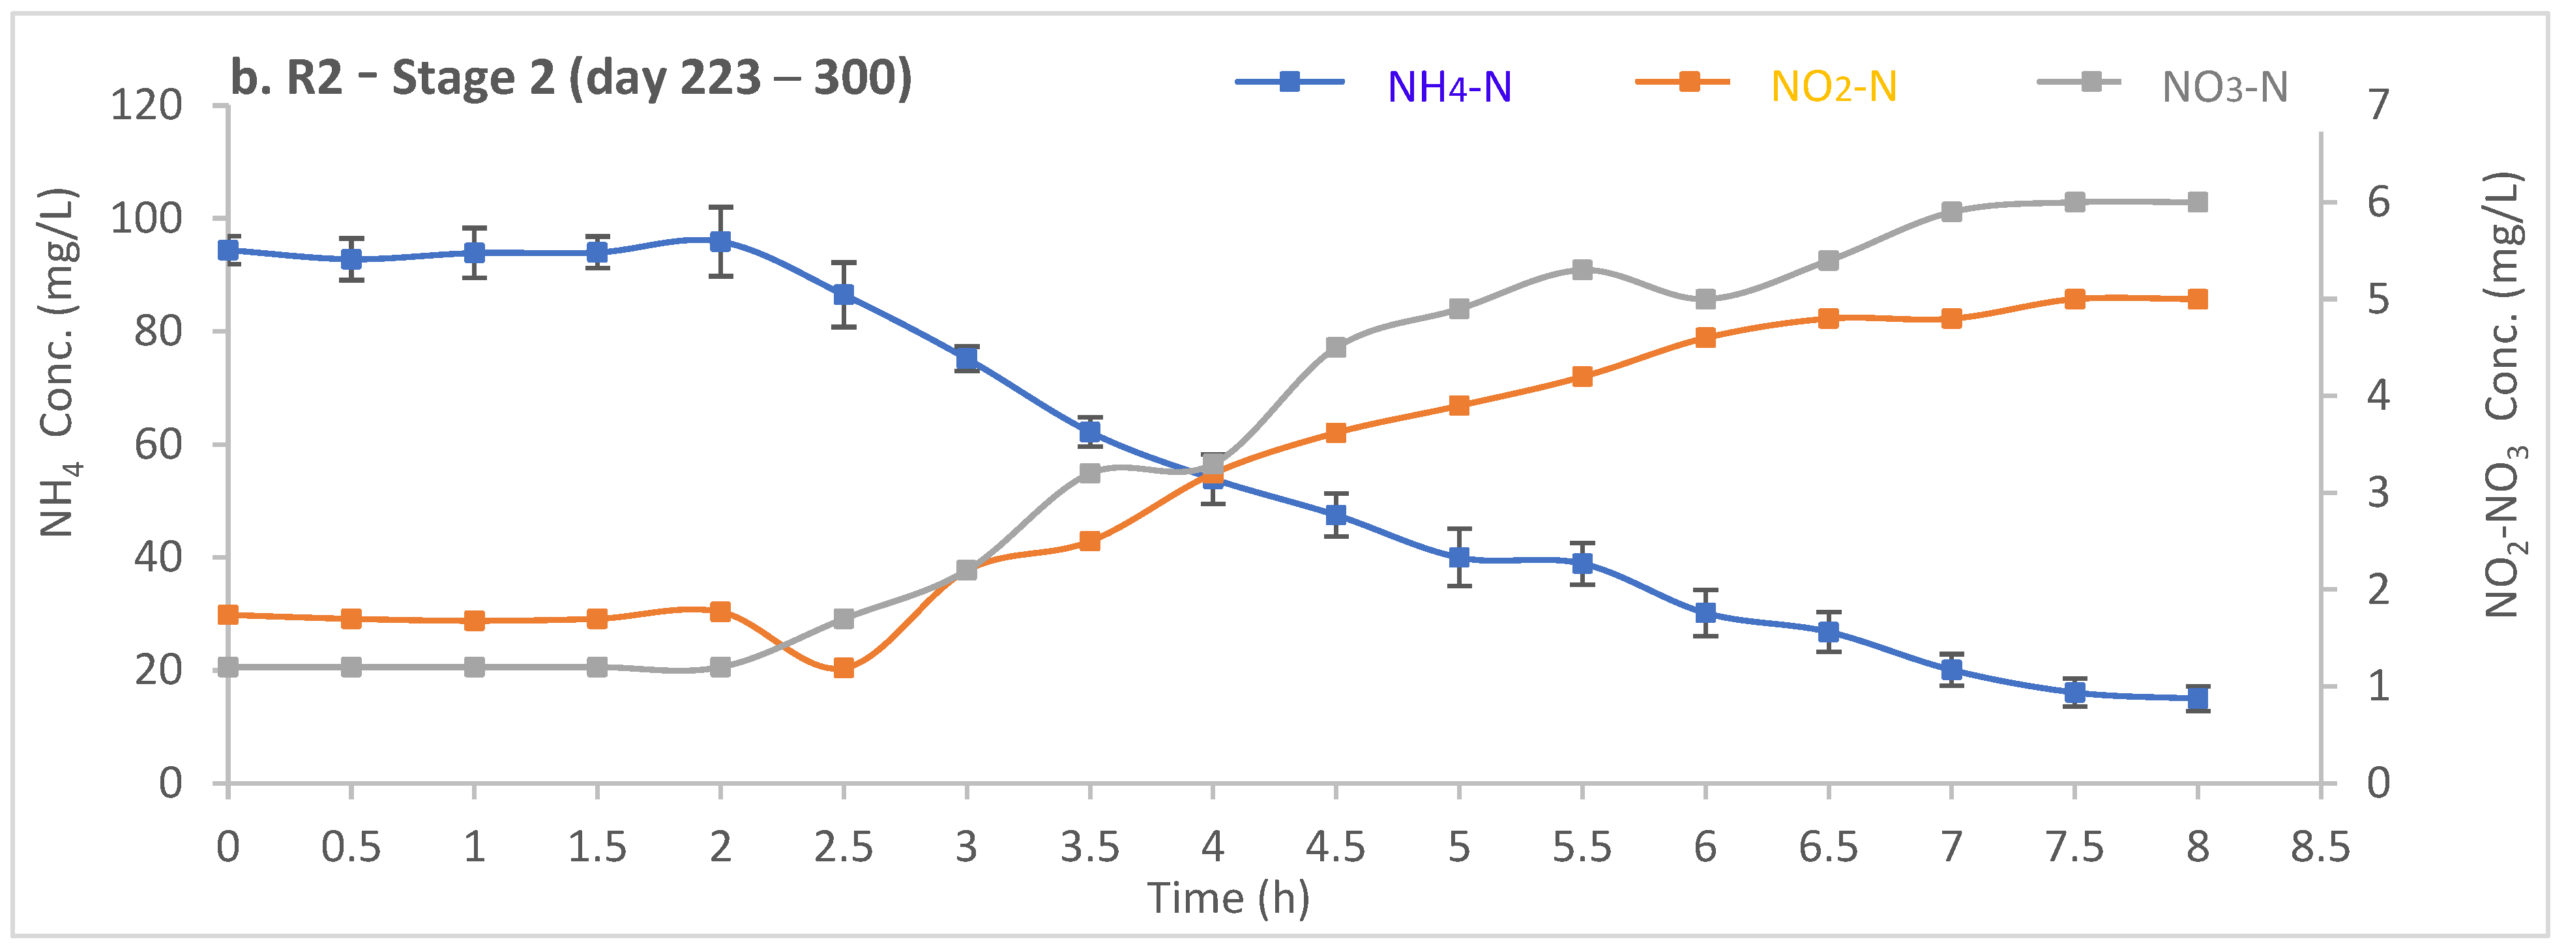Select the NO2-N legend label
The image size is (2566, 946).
[1833, 87]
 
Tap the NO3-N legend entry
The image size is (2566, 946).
[2223, 87]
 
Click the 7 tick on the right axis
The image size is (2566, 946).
[2379, 104]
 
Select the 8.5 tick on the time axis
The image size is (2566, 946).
[2320, 848]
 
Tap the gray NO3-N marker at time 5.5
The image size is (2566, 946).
[1582, 269]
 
